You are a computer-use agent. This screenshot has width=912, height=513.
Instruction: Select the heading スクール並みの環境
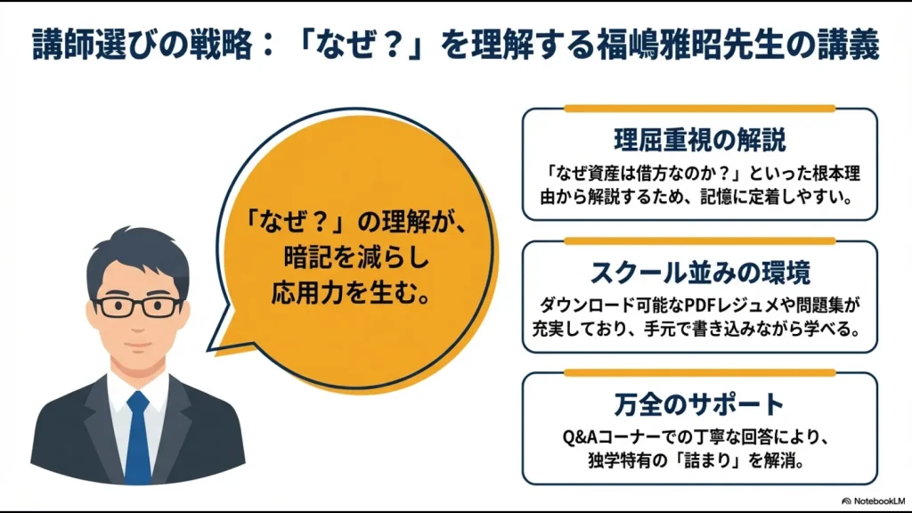699,272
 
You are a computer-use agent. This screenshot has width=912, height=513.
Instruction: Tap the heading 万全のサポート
699,404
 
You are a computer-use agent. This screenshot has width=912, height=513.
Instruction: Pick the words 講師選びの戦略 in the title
125,45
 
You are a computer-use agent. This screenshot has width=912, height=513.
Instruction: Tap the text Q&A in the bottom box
581,438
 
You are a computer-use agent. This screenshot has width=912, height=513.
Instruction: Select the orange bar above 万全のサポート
699,372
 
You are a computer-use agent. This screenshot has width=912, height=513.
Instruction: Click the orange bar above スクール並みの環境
699,240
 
